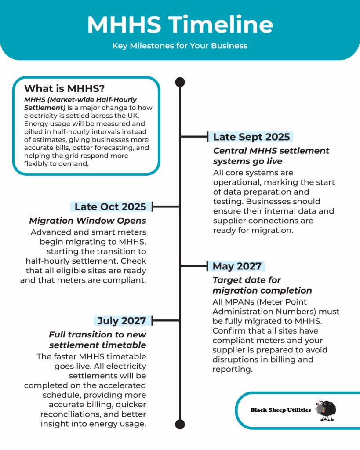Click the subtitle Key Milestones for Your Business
click(x=180, y=46)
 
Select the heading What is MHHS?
click(x=64, y=88)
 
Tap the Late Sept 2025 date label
click(x=251, y=137)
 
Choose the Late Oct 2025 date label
click(x=110, y=207)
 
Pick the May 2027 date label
click(x=236, y=266)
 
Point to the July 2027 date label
click(x=121, y=320)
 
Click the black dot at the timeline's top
click(x=180, y=82)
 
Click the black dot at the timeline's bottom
click(x=180, y=424)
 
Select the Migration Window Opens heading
click(x=87, y=220)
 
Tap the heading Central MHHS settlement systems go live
click(x=271, y=156)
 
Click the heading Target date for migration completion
click(x=262, y=285)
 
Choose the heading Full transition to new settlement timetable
click(x=98, y=340)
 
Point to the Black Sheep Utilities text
click(x=280, y=410)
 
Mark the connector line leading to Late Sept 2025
click(x=194, y=137)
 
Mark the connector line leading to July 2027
click(x=166, y=321)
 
